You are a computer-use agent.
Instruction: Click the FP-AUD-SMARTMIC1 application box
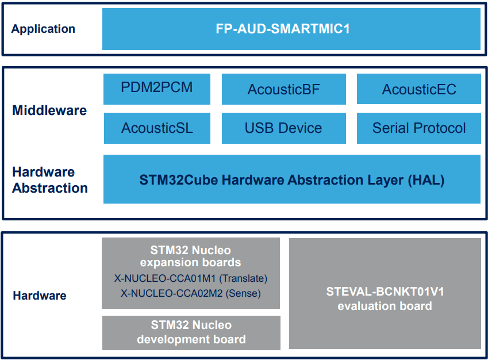[291, 29]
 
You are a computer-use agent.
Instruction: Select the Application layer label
[43, 29]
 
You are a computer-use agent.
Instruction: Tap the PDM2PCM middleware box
[156, 88]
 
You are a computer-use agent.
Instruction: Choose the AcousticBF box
[283, 89]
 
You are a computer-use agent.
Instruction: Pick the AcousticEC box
[418, 89]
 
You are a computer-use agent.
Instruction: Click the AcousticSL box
[156, 128]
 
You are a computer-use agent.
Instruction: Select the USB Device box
[283, 128]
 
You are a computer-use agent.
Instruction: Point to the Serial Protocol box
[418, 128]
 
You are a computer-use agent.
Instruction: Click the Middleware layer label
[49, 110]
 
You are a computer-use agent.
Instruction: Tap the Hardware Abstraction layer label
[50, 180]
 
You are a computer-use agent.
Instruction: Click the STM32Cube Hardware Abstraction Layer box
[291, 179]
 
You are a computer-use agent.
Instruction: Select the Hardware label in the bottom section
[40, 296]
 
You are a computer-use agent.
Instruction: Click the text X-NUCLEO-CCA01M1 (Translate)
[191, 278]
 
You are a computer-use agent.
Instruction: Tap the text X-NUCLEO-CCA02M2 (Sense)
[191, 293]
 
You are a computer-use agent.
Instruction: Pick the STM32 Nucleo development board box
[191, 332]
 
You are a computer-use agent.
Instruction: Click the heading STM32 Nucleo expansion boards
[191, 256]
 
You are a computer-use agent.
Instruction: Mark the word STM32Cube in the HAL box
[179, 180]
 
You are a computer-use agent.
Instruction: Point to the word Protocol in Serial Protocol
[442, 128]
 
